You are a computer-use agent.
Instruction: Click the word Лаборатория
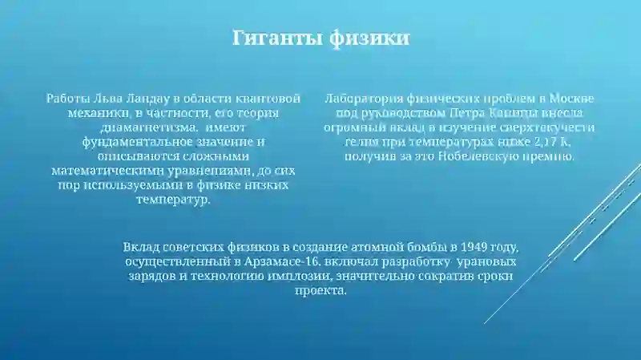click(361, 99)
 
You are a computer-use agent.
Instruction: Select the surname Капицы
click(509, 113)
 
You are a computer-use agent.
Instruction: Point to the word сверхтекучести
click(552, 127)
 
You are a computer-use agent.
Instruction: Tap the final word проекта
click(320, 290)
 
